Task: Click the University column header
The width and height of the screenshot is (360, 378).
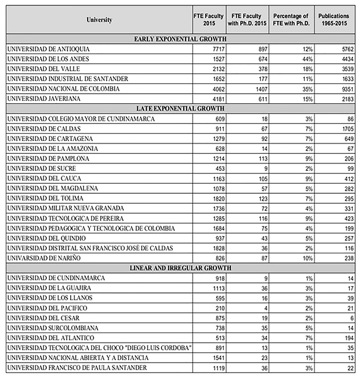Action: (x=99, y=20)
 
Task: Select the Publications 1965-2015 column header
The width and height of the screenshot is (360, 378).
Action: (x=334, y=20)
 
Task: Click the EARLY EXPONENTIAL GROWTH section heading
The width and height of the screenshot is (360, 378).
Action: (x=180, y=39)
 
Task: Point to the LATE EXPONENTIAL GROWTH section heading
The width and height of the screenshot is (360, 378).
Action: (x=180, y=109)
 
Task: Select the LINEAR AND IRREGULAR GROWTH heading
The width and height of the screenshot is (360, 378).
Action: (x=180, y=268)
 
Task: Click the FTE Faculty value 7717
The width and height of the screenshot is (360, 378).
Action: (x=213, y=49)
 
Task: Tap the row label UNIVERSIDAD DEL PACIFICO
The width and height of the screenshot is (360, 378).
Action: (x=44, y=308)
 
